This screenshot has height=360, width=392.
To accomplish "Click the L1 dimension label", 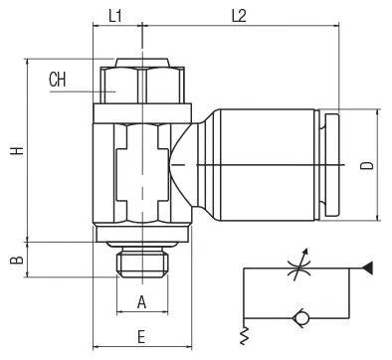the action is pyautogui.click(x=115, y=16).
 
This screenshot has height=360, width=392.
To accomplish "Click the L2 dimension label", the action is pyautogui.click(x=239, y=16).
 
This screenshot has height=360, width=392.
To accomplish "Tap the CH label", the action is pyautogui.click(x=58, y=80).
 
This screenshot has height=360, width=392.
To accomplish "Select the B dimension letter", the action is pyautogui.click(x=17, y=260).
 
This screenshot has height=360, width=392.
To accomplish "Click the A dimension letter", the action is pyautogui.click(x=141, y=302).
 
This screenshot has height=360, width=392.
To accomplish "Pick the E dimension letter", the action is pyautogui.click(x=141, y=337).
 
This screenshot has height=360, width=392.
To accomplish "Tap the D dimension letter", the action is pyautogui.click(x=367, y=165).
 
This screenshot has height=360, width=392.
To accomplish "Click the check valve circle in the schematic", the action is pyautogui.click(x=301, y=318).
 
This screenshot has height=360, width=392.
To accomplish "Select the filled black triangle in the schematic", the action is pyautogui.click(x=368, y=269).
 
